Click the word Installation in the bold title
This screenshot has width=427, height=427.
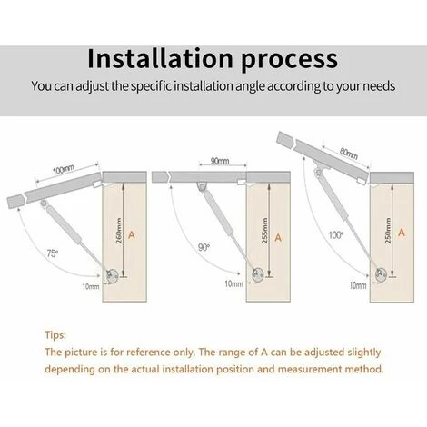160,58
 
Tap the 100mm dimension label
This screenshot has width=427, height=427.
64,170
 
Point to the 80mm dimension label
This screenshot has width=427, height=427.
349,153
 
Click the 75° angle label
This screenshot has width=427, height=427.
52,253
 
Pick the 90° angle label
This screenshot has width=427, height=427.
204,247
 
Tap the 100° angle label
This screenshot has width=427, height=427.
336,234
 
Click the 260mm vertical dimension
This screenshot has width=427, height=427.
119,231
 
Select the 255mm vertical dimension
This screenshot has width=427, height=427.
264,231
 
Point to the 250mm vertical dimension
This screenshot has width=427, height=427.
388,231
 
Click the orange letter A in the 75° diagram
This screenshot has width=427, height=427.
132,234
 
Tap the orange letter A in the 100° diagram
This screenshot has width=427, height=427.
402,233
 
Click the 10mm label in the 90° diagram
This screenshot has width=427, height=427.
233,283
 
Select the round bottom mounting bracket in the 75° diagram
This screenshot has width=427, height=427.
112,276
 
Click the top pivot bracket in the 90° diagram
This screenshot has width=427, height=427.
202,186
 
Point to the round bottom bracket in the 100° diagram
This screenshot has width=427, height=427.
381,275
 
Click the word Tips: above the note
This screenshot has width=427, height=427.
55,335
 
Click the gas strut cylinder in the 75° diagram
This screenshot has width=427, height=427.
64,224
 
